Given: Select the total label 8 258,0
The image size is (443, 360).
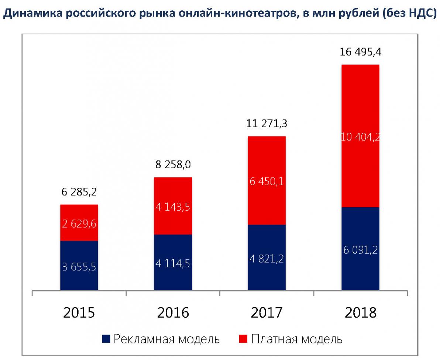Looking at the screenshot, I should [x=173, y=165].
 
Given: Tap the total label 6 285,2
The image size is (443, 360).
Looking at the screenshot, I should [x=79, y=193].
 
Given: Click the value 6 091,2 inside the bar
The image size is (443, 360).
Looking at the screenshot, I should [x=360, y=250].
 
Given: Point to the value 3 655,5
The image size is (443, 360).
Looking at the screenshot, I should [x=79, y=267].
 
